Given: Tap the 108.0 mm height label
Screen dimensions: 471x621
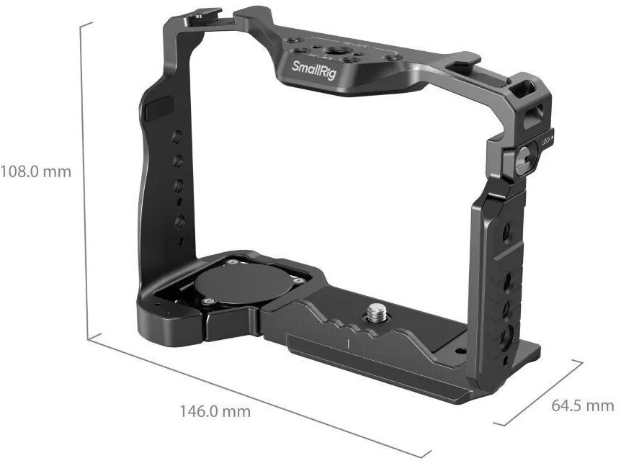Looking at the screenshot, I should click(x=36, y=172).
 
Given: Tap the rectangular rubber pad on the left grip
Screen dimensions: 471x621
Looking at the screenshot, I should click(x=155, y=112).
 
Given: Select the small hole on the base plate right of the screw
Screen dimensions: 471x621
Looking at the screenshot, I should click(x=460, y=351).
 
